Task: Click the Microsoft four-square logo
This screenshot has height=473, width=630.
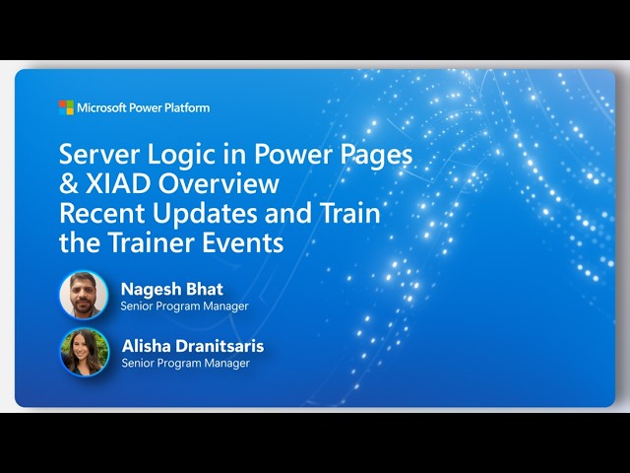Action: pyautogui.click(x=66, y=107)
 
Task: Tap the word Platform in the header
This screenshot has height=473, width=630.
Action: pyautogui.click(x=186, y=107)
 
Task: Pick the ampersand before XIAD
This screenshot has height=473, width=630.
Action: pyautogui.click(x=69, y=184)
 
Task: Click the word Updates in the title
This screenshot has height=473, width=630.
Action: pyautogui.click(x=209, y=213)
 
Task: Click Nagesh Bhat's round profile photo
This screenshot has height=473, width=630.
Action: pyautogui.click(x=84, y=296)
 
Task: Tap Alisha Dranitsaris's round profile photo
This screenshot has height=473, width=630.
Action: pyautogui.click(x=84, y=352)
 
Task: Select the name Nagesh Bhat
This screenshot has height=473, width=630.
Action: pyautogui.click(x=171, y=289)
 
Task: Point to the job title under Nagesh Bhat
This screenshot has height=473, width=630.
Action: pyautogui.click(x=184, y=306)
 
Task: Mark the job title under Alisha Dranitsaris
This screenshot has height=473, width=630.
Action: pyautogui.click(x=184, y=363)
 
